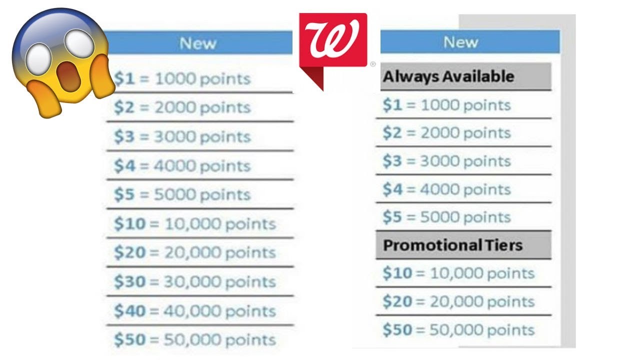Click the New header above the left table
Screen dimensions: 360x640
point(198,43)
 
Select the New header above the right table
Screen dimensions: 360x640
point(460,42)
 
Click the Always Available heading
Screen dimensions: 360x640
point(448,76)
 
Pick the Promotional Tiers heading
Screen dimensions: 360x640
point(452,245)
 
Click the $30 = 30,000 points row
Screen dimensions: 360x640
point(195,281)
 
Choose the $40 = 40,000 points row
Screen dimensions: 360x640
point(195,311)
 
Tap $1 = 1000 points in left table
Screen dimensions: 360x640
point(182,79)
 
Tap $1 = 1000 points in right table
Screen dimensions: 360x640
point(446,105)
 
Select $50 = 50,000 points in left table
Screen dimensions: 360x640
point(195,340)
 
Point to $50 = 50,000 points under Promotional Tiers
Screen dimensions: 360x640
point(458,330)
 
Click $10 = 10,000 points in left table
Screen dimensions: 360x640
point(195,224)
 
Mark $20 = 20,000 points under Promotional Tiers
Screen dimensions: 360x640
point(458,301)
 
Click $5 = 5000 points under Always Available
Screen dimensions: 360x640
point(446,217)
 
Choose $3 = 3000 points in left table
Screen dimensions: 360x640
point(182,137)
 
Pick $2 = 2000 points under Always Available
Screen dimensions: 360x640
point(446,133)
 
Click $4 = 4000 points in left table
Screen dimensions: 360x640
point(182,166)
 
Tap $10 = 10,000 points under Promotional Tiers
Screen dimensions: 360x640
point(458,273)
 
